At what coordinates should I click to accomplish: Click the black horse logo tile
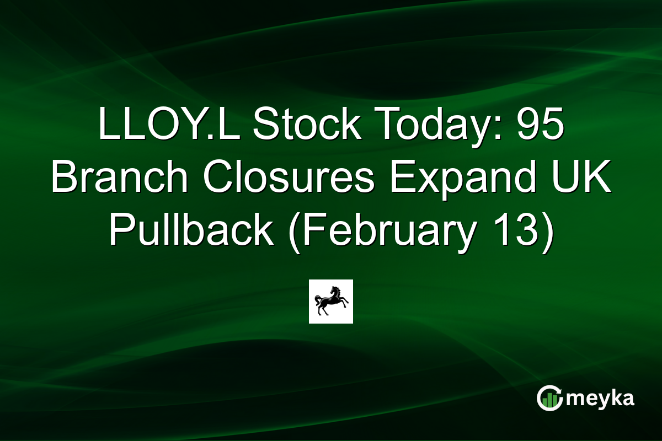tap(331, 302)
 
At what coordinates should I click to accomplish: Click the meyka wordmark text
tap(602, 398)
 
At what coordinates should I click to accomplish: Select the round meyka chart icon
tap(550, 398)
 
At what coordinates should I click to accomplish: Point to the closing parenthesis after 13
tap(546, 232)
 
